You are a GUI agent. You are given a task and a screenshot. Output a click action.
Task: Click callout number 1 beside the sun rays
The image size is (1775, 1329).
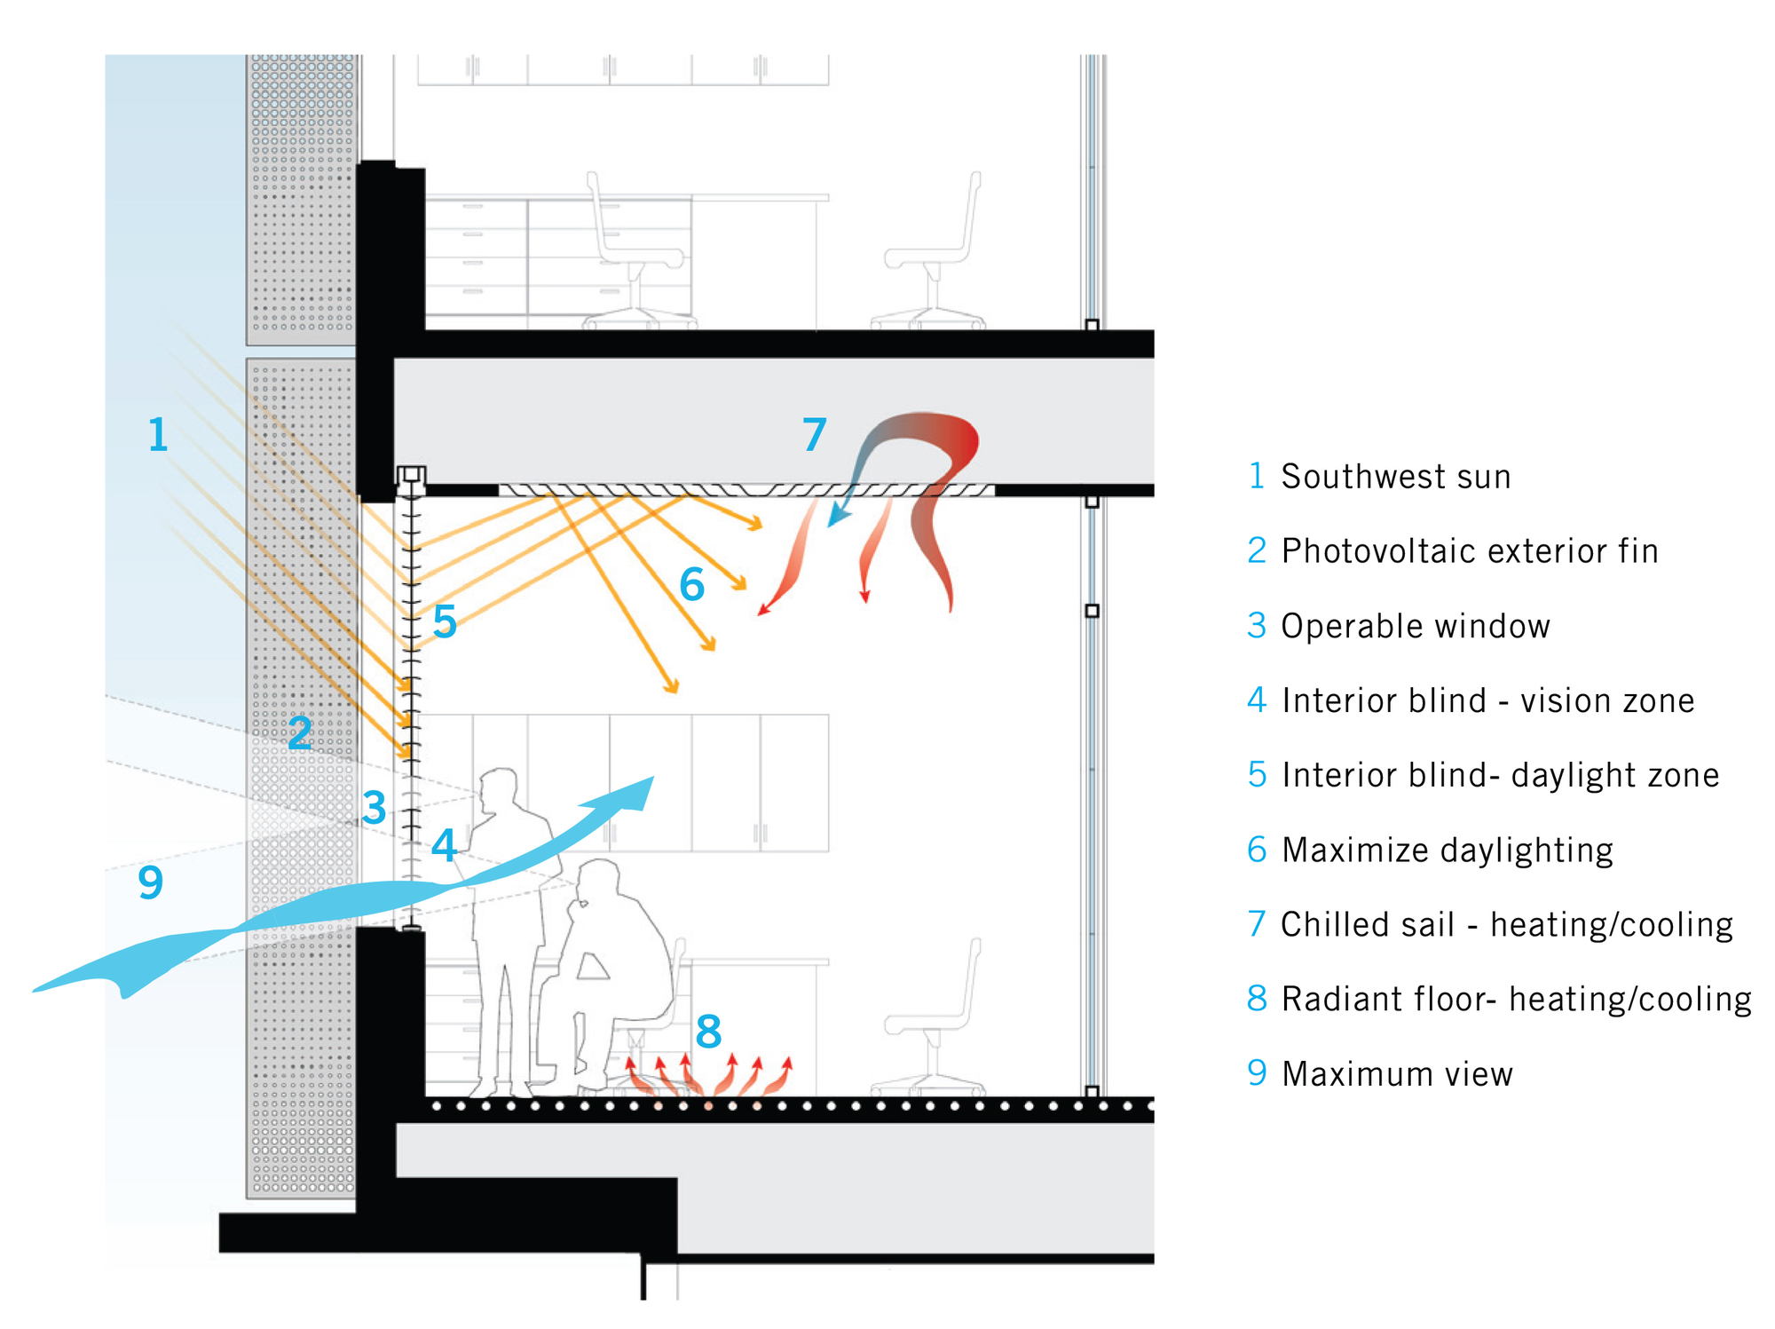point(158,435)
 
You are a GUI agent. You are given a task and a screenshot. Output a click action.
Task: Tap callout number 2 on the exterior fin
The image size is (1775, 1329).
point(300,733)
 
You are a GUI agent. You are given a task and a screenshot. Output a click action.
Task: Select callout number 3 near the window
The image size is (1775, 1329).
point(375,808)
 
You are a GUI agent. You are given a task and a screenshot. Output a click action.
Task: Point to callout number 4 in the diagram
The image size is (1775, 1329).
point(444,845)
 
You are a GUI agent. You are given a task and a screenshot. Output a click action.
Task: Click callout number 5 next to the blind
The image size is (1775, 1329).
point(445,621)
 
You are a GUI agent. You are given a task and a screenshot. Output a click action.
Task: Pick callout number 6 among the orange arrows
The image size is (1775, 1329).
point(692,585)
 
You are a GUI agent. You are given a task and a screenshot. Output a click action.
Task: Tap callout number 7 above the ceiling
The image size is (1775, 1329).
point(815,434)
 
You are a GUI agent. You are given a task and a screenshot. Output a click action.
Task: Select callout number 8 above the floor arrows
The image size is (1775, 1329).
point(708,1032)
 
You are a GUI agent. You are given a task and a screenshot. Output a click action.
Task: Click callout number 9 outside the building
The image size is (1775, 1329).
point(151,882)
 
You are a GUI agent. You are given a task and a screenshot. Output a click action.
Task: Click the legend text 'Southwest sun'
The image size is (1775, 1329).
point(1395,477)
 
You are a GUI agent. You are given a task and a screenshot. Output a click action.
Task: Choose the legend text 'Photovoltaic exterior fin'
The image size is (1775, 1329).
point(1470,551)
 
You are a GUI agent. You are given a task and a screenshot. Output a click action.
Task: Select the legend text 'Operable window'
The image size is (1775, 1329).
point(1416,626)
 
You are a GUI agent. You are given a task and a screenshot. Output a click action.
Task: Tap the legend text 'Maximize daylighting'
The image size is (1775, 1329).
point(1448,850)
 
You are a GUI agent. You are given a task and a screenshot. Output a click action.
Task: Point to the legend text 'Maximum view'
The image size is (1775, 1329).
point(1398,1074)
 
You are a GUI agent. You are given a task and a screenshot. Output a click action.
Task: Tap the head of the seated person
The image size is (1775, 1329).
point(599,883)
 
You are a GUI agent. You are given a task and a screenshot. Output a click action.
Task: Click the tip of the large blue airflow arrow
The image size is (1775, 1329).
point(651,779)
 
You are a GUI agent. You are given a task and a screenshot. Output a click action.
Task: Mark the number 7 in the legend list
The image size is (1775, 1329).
point(1257,924)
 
